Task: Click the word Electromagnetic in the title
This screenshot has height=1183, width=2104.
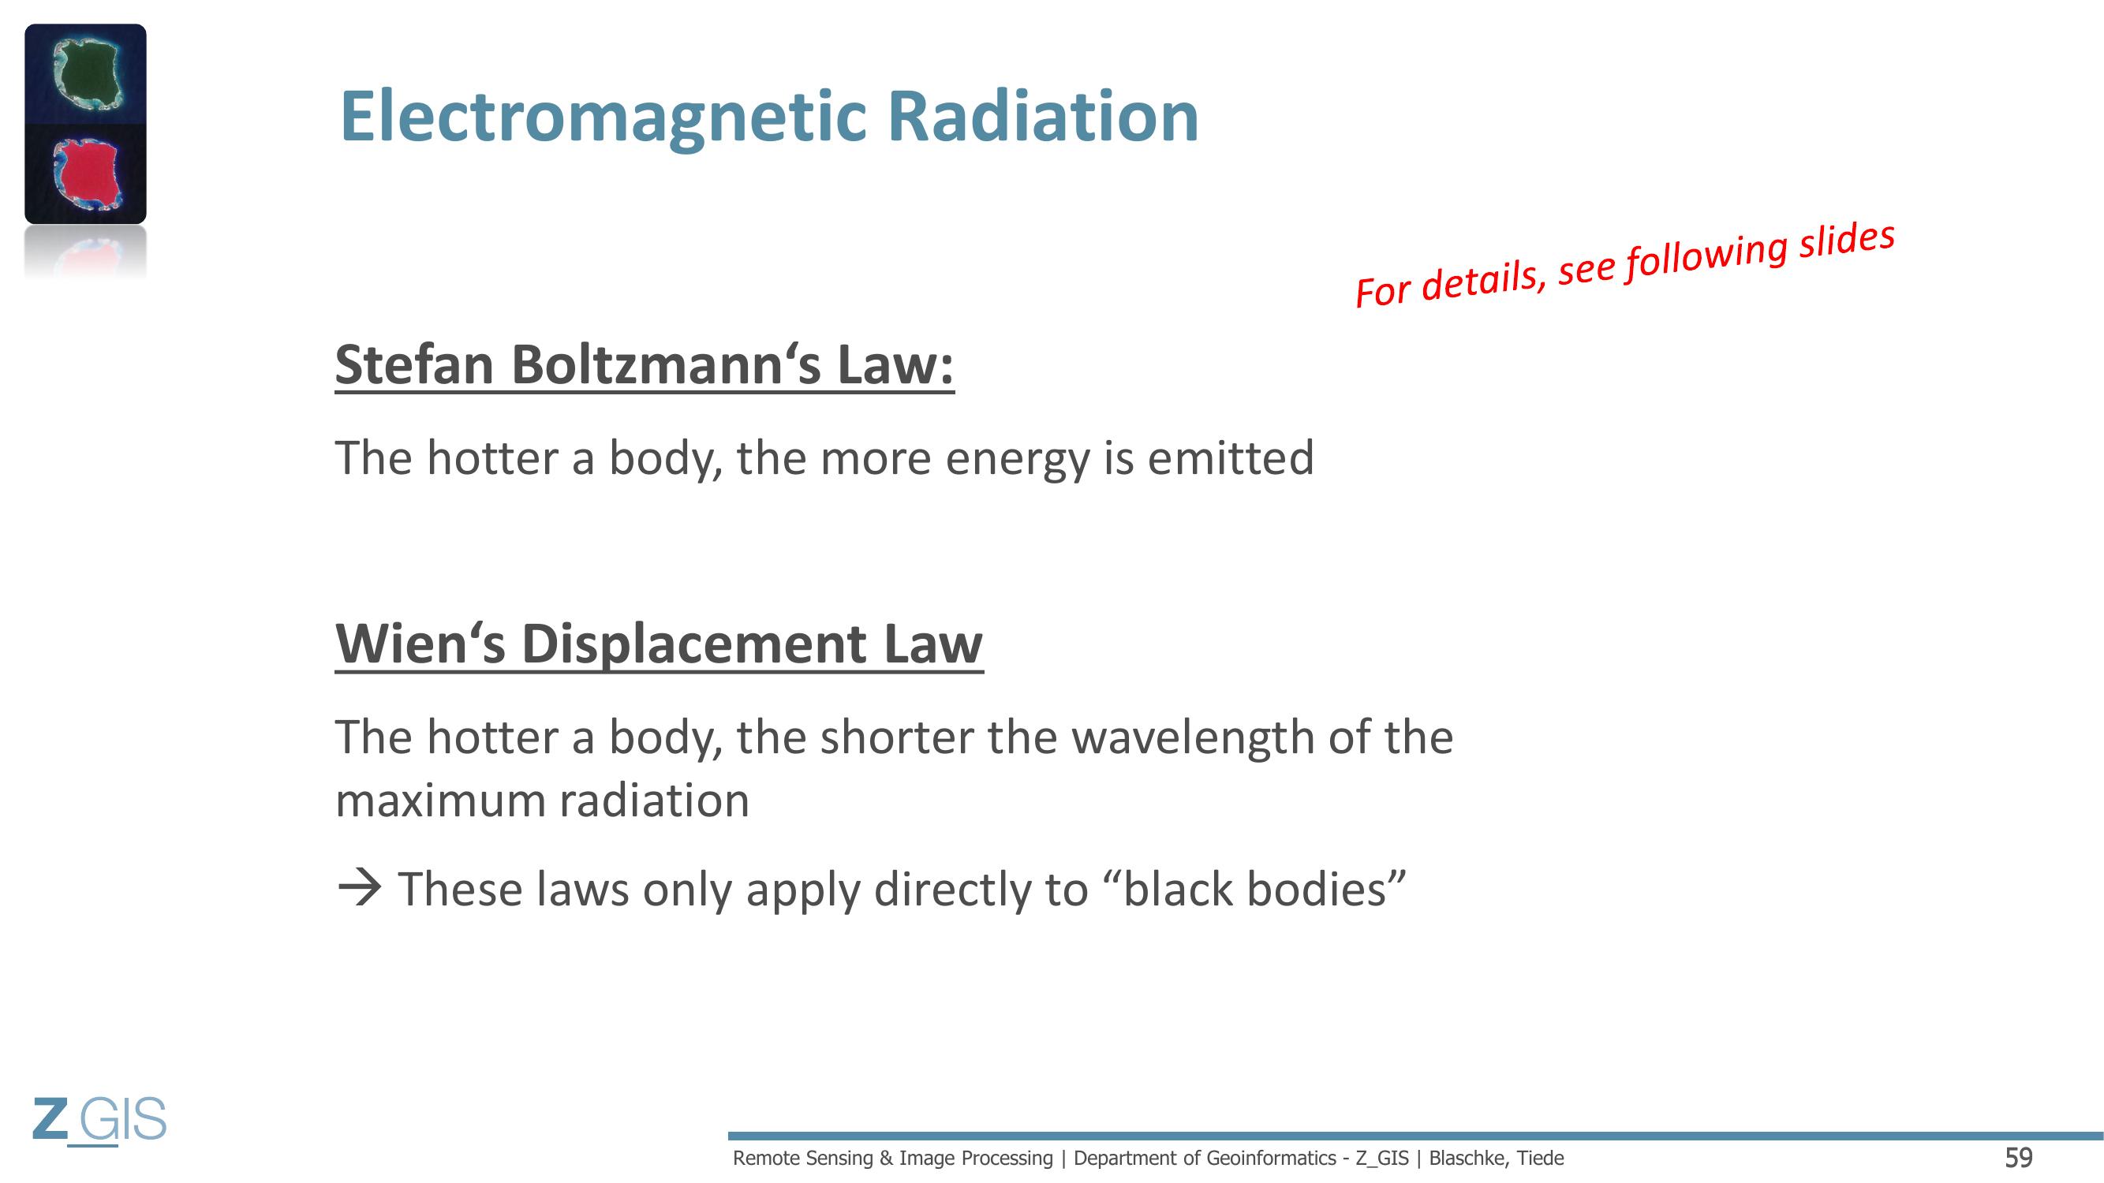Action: click(x=604, y=118)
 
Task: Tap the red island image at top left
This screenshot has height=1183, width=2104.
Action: click(x=86, y=174)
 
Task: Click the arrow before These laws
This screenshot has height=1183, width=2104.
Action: click(x=360, y=888)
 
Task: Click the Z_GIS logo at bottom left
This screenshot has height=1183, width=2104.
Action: click(x=99, y=1120)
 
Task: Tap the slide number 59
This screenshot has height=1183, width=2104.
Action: click(x=2019, y=1158)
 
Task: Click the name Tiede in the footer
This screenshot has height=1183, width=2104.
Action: click(x=1541, y=1158)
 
